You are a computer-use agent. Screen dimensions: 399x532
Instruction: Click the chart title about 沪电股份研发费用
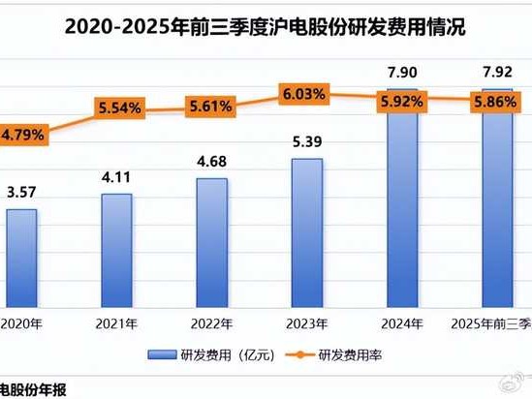[x=266, y=28]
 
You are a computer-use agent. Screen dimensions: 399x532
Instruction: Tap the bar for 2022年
[x=211, y=242]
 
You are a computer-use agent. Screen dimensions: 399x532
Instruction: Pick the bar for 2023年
[x=306, y=232]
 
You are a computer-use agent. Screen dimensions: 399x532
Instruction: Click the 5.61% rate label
[x=211, y=106]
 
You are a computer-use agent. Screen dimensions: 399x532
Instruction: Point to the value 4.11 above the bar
[x=116, y=178]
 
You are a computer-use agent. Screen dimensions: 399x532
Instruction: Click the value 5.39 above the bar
[x=306, y=142]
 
